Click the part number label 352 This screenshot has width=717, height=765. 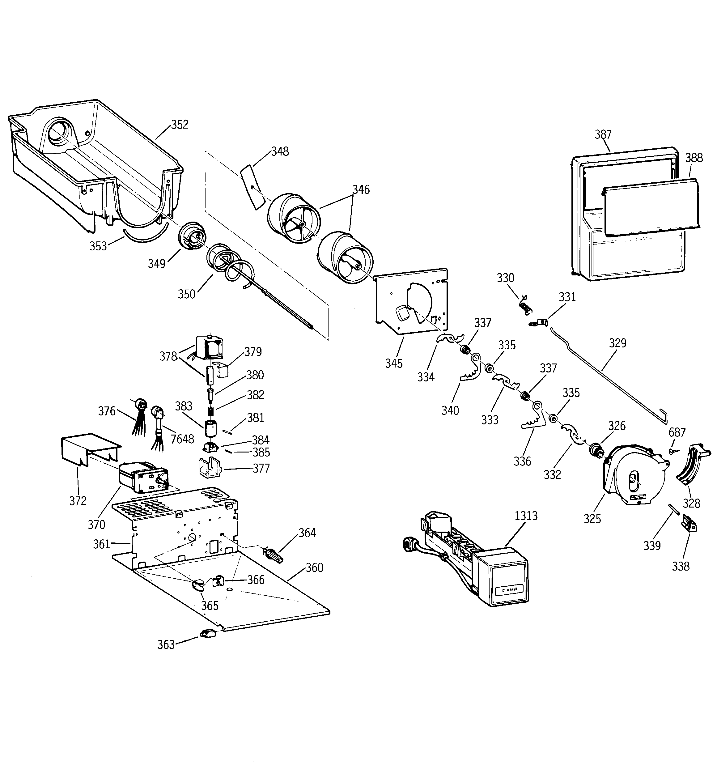(180, 125)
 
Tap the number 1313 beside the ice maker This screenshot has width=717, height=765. (526, 516)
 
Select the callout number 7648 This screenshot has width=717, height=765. (182, 439)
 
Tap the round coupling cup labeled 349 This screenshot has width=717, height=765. (192, 236)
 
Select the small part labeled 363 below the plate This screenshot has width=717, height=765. (207, 633)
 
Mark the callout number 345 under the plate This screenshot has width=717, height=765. (394, 363)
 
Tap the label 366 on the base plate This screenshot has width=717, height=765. (256, 580)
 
